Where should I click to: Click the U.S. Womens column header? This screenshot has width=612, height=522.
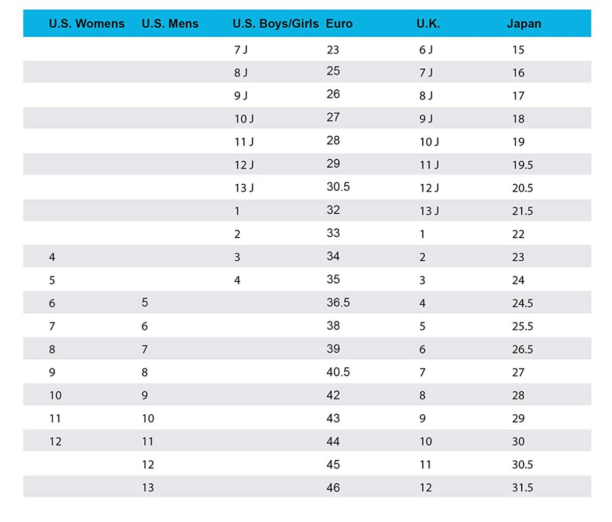click(87, 23)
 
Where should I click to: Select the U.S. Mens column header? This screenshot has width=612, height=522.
click(170, 23)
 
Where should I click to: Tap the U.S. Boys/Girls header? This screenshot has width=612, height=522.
click(275, 23)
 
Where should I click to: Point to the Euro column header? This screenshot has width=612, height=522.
click(339, 23)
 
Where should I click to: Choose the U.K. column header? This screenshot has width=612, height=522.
click(428, 23)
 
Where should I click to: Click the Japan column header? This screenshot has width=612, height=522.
click(524, 23)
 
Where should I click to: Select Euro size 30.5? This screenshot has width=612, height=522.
click(338, 187)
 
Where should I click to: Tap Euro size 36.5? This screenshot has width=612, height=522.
click(338, 303)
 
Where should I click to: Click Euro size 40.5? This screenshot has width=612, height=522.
click(338, 372)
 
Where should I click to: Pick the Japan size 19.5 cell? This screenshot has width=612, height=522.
click(523, 165)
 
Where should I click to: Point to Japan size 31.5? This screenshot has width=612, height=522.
click(523, 488)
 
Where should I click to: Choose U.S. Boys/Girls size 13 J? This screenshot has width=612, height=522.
click(244, 188)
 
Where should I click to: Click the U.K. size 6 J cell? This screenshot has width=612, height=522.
click(426, 50)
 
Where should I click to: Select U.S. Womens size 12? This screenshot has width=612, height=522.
click(56, 442)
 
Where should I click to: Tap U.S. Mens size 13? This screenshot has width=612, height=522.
click(148, 488)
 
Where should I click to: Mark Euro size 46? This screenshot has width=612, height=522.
click(333, 488)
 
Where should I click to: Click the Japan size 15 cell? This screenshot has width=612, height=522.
click(518, 50)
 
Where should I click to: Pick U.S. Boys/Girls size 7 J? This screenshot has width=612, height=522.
click(241, 50)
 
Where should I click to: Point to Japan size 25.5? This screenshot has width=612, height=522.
click(523, 327)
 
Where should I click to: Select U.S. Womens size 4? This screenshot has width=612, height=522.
click(52, 257)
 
